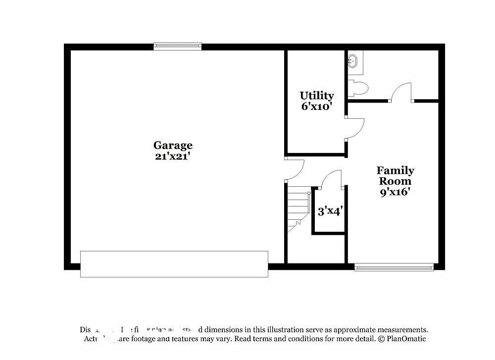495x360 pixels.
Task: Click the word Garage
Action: tap(173, 146)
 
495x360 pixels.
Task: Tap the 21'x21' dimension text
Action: tap(173, 156)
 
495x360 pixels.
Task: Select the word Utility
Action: tap(317, 96)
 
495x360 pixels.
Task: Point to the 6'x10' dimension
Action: tap(316, 106)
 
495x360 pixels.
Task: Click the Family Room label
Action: tap(396, 176)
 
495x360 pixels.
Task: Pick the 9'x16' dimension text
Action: tap(396, 192)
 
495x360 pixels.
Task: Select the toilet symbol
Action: tap(357, 89)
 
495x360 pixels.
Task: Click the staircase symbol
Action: tap(298, 208)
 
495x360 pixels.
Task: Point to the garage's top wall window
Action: tap(178, 47)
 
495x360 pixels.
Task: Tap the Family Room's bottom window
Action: tap(394, 267)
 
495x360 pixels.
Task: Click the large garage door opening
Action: tap(174, 264)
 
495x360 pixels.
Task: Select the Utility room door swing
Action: tap(354, 128)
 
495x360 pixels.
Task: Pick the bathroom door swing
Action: tap(401, 92)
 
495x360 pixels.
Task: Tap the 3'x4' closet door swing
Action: tap(331, 179)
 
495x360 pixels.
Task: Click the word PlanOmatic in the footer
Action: tap(405, 339)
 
